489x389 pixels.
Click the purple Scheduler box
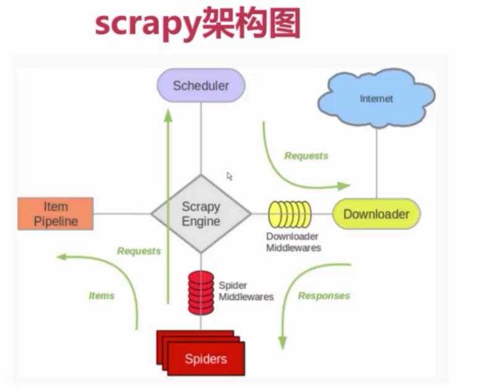[x=201, y=85]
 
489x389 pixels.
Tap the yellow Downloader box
[x=376, y=215]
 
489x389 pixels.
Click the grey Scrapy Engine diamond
[x=201, y=214]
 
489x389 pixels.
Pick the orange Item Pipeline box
[x=56, y=213]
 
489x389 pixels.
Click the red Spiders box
[x=205, y=358]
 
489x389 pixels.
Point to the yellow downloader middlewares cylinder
[x=290, y=215]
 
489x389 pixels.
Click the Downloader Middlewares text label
[x=293, y=242]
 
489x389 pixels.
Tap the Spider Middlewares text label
[x=246, y=291]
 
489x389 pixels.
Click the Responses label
[x=324, y=296]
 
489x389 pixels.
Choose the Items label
[x=101, y=296]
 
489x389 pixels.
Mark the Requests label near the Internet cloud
[x=306, y=156]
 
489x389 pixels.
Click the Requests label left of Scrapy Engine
[x=139, y=251]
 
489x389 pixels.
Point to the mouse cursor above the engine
[x=229, y=176]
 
